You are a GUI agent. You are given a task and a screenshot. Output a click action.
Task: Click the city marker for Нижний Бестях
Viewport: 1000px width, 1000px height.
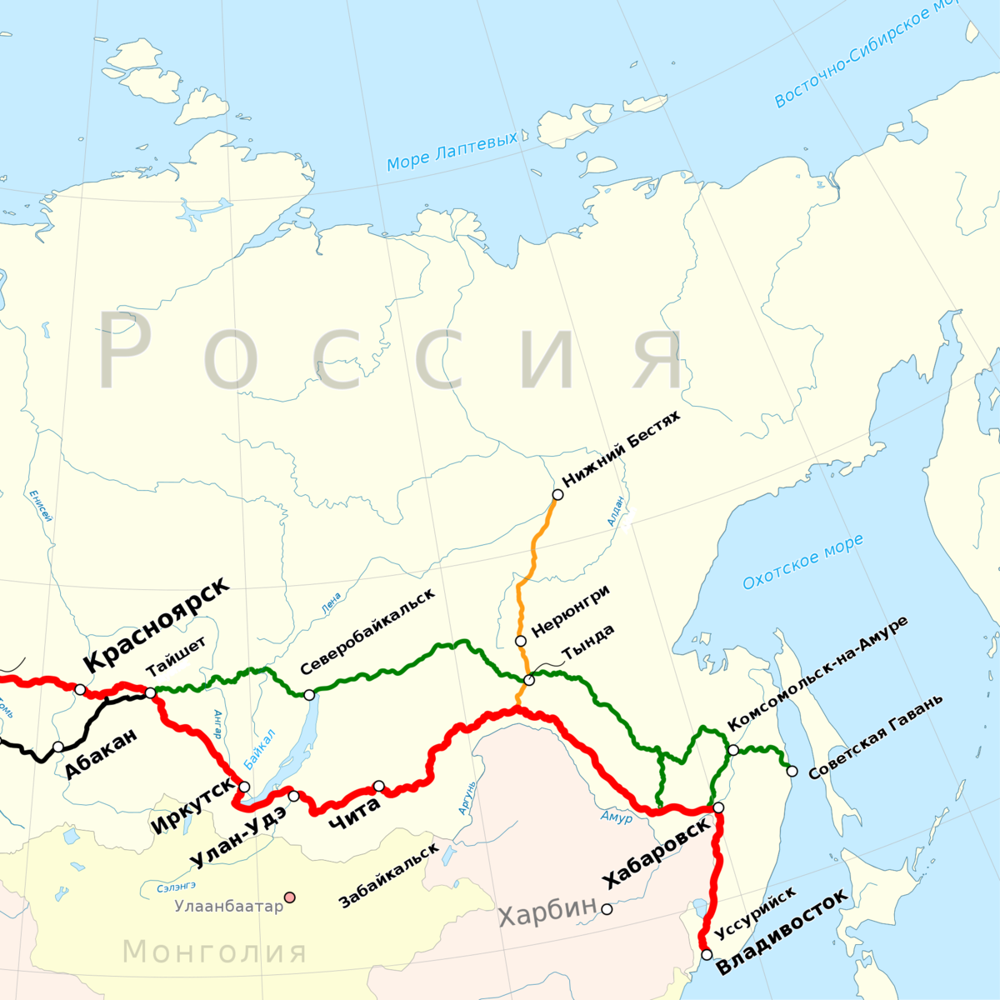click(557, 494)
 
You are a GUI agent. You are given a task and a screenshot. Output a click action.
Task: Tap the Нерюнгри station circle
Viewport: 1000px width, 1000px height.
click(521, 641)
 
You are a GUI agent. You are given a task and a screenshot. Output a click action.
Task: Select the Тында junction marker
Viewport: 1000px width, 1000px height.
click(529, 680)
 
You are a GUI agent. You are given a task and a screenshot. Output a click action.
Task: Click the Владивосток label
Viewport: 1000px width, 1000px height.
click(782, 932)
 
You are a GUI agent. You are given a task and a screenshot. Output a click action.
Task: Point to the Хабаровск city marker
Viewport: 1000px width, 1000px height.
click(718, 807)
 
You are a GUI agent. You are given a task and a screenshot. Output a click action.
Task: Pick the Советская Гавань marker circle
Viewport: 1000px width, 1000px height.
click(792, 771)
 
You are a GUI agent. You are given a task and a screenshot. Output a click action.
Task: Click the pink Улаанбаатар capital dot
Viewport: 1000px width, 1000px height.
click(289, 897)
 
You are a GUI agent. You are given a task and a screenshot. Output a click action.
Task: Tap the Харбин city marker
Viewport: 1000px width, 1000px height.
click(607, 909)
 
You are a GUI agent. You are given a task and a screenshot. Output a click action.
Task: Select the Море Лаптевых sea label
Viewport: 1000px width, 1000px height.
click(452, 151)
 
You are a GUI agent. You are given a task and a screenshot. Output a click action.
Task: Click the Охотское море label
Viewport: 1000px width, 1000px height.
click(802, 562)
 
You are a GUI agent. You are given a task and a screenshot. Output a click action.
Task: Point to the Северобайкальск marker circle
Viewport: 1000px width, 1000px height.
click(309, 695)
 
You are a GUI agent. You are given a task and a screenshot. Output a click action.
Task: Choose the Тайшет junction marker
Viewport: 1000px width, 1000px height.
click(150, 692)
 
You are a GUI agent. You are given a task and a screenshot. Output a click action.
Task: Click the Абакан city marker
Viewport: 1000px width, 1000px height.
click(57, 747)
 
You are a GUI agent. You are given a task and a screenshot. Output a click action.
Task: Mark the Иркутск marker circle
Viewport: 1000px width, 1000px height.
click(244, 787)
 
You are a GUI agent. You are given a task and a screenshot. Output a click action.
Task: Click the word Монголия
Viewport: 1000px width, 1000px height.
click(215, 951)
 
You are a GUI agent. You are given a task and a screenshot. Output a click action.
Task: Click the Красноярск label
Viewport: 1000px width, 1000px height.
click(156, 623)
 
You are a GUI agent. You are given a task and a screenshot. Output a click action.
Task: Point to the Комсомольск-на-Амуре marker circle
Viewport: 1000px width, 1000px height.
click(732, 750)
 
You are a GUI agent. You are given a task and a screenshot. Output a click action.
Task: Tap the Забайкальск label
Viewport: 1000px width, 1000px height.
click(388, 875)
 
